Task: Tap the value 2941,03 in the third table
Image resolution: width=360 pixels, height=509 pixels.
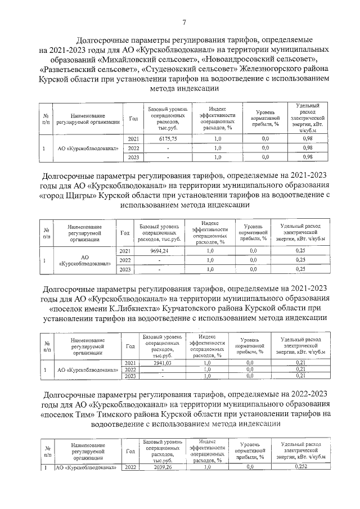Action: [162, 363]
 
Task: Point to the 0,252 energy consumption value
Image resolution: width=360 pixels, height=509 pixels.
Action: [301, 467]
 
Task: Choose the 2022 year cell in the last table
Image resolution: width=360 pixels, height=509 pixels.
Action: [130, 467]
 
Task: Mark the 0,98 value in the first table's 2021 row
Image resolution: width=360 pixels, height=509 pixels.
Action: [307, 138]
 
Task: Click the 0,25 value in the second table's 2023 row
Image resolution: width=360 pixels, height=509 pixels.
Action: [301, 269]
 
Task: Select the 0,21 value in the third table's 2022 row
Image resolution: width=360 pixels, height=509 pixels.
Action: [302, 370]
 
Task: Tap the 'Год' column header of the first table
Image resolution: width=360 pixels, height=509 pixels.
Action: [133, 119]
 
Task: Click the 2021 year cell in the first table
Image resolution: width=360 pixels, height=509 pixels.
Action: [133, 138]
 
